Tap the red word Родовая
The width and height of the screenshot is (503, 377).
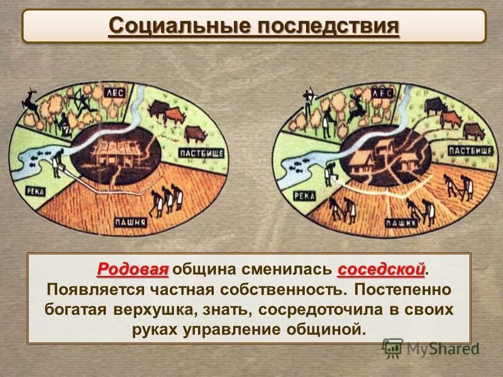click(x=133, y=270)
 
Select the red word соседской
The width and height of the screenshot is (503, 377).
click(x=382, y=270)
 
